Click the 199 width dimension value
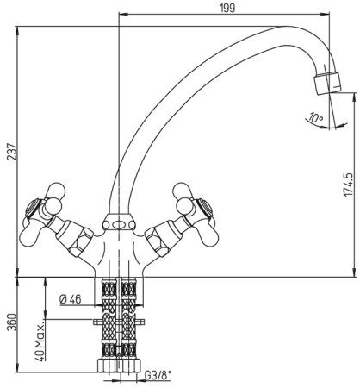227,8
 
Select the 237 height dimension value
12,151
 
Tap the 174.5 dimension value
348,185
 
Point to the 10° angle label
316,117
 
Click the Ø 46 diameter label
71,299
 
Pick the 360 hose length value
12,322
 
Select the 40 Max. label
40,341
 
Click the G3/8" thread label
158,375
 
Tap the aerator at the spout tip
327,83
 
